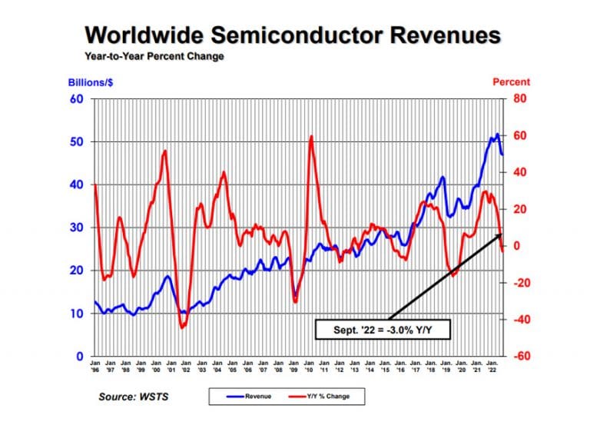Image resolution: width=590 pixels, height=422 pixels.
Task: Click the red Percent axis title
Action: coord(511,82)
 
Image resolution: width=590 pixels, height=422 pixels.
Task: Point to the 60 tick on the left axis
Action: coord(77,99)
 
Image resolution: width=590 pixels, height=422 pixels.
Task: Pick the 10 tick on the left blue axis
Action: coord(77,314)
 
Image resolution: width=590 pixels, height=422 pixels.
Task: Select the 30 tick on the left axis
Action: coord(77,228)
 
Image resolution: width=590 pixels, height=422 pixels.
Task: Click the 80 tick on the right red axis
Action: coord(519,99)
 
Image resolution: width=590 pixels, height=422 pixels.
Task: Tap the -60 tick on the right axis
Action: coord(519,357)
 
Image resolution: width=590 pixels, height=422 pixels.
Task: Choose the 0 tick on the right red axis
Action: coord(515,246)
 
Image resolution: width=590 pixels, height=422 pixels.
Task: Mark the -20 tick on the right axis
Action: coord(519,283)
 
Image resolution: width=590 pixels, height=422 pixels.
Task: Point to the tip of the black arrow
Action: coord(502,232)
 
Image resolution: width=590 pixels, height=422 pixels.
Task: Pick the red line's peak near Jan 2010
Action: coord(311,137)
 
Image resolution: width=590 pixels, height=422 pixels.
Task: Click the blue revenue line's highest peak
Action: coord(497,135)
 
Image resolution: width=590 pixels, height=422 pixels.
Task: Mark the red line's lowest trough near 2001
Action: coord(183,327)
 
